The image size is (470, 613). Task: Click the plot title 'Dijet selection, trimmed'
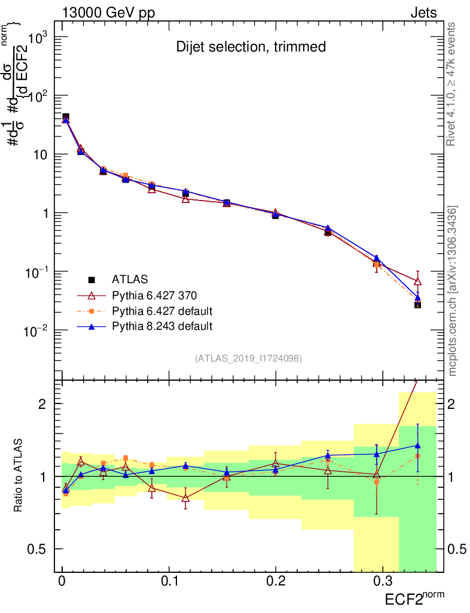[251, 47]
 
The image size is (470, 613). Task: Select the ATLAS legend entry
[130, 279]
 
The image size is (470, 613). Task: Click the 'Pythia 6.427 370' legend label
[154, 295]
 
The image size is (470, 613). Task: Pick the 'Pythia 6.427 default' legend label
[162, 311]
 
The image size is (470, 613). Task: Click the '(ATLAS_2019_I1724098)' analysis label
[248, 359]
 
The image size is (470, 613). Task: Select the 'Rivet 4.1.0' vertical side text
[453, 84]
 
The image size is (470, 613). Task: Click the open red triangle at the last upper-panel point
[417, 281]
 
